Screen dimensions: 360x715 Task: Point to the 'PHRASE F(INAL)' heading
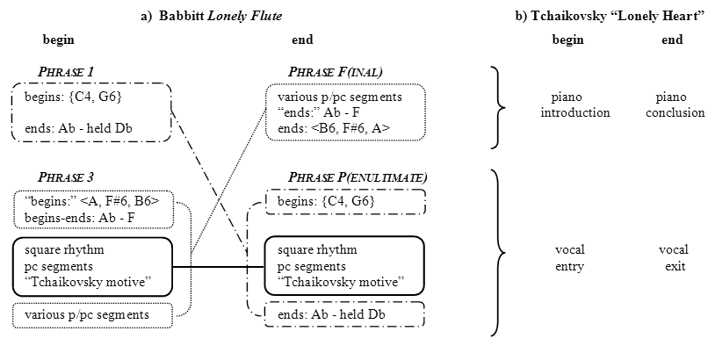pyautogui.click(x=336, y=71)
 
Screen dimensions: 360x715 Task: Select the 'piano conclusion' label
pyautogui.click(x=680, y=104)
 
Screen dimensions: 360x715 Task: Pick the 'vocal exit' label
pyautogui.click(x=673, y=258)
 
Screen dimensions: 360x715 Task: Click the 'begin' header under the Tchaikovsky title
pyautogui.click(x=567, y=40)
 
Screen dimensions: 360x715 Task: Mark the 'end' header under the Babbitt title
pyautogui.click(x=301, y=40)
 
